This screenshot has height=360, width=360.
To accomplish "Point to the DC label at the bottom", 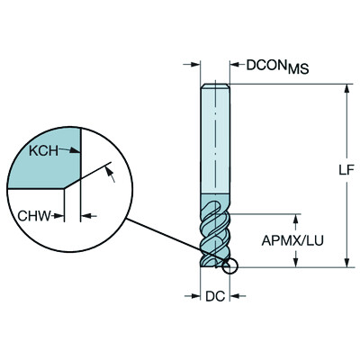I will click(x=214, y=294).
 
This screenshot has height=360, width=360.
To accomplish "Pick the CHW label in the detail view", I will click(x=35, y=215).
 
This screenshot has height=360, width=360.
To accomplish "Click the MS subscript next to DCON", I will click(x=298, y=70).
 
